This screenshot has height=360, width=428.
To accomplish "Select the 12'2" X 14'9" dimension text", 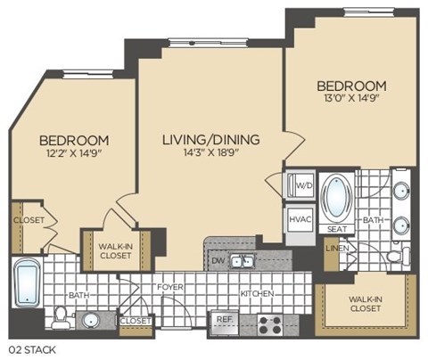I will click(x=74, y=153).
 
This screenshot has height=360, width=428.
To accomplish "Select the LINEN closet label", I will click(x=336, y=249).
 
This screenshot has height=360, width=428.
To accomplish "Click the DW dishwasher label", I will click(x=217, y=261).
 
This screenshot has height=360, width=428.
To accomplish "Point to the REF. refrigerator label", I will click(x=223, y=318).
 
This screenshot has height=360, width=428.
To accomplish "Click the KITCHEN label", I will click(x=256, y=293).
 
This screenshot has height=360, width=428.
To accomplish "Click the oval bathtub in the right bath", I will click(x=340, y=197).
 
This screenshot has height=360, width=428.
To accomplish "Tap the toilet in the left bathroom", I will click(x=60, y=316).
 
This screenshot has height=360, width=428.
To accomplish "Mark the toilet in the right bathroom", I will click(x=393, y=257).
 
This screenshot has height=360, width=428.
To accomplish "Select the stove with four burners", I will click(x=270, y=320).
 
